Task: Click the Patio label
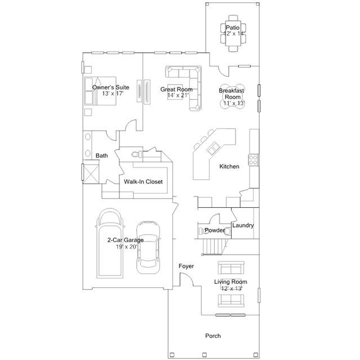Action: (x=233, y=27)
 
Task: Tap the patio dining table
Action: (x=233, y=34)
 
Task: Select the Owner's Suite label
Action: (x=111, y=87)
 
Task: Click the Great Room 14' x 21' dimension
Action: (x=176, y=96)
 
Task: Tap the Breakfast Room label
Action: (x=231, y=94)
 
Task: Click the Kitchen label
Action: (x=229, y=166)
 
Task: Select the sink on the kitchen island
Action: (x=214, y=149)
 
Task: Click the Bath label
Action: (x=101, y=155)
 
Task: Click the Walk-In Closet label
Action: (x=143, y=182)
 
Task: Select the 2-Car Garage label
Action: (x=125, y=240)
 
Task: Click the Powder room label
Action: (x=215, y=230)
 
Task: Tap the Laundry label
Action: (x=243, y=225)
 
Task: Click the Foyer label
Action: (x=186, y=265)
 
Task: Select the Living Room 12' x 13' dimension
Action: (x=231, y=288)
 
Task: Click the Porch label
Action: (x=213, y=336)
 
